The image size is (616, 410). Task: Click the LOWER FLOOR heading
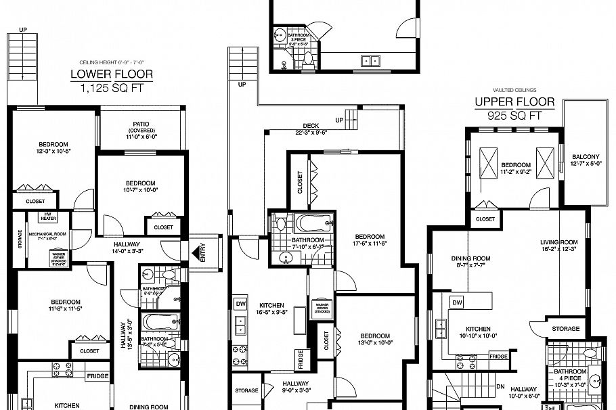(x=112, y=74)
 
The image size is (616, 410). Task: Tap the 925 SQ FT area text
(x=514, y=115)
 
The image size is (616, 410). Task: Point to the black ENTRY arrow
(x=196, y=254)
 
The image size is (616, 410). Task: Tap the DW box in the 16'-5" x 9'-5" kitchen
(x=240, y=303)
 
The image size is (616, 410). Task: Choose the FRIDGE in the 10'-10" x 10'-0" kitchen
(x=499, y=356)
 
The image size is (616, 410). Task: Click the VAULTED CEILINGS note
(x=514, y=89)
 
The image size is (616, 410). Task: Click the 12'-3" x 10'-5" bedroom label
(x=52, y=147)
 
